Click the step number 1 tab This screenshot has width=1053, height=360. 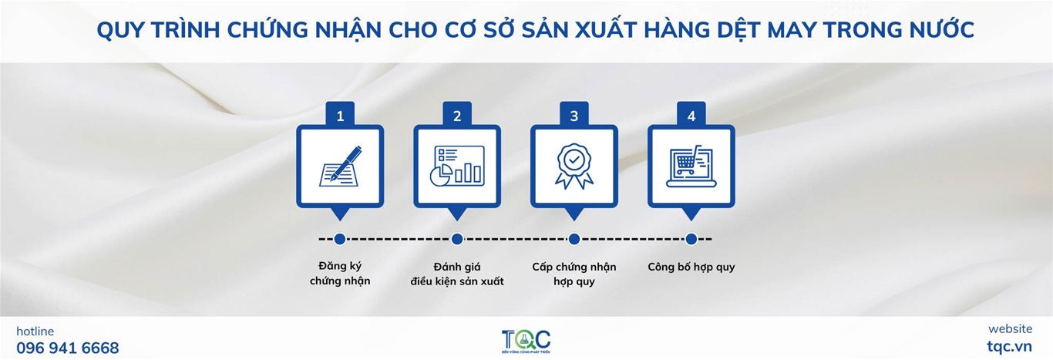(340, 114)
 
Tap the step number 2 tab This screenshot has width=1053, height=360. (457, 114)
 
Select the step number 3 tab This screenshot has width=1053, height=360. (574, 114)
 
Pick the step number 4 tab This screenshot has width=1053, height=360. (691, 114)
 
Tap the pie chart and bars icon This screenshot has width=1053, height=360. (457, 166)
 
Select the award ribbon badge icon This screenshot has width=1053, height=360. (574, 167)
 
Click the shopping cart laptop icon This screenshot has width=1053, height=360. (691, 167)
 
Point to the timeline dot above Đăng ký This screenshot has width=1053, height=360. (340, 239)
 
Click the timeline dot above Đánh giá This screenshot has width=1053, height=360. (457, 239)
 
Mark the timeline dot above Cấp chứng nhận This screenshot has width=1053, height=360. (574, 239)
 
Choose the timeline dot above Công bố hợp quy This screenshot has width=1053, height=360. (691, 239)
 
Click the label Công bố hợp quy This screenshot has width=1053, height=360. (691, 267)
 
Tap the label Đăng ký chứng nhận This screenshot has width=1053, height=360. (340, 273)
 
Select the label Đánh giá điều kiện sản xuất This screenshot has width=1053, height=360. (457, 274)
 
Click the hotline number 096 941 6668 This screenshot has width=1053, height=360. (68, 348)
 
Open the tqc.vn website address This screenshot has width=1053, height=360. (1009, 346)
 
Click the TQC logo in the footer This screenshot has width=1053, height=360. (526, 341)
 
